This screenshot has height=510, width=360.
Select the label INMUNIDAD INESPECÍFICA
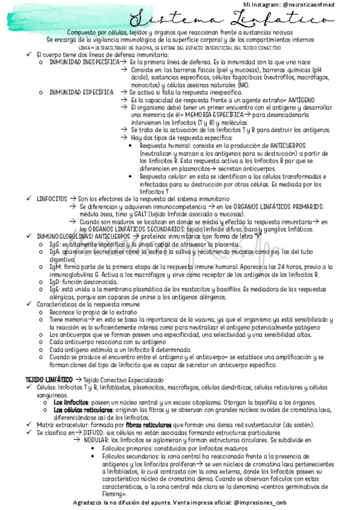tap(84, 62)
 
